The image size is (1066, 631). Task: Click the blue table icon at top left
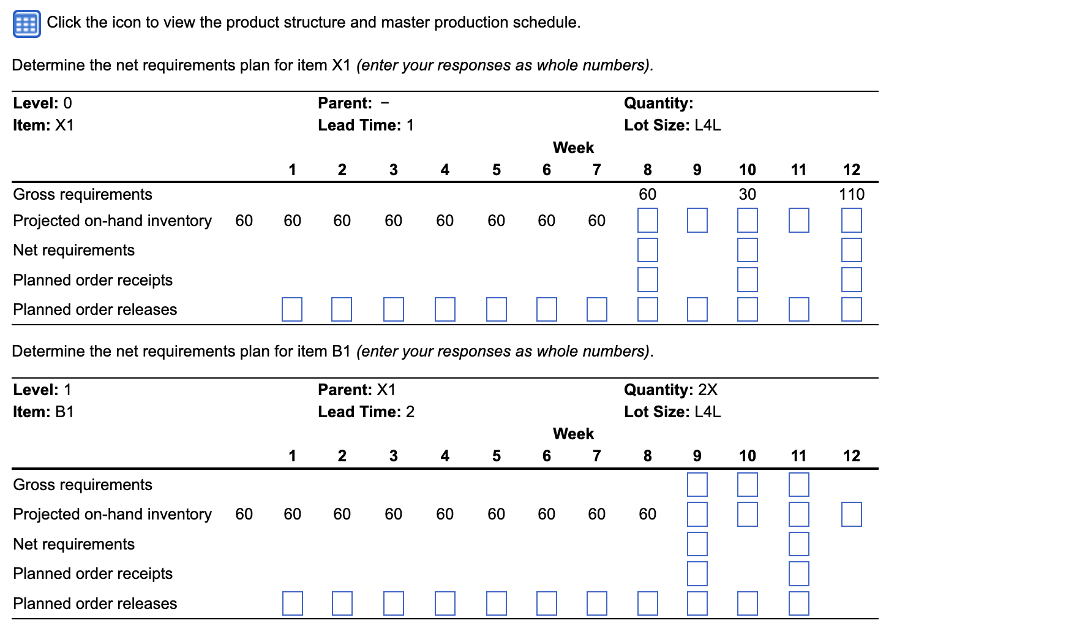pyautogui.click(x=26, y=24)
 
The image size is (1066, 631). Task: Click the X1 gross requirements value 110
pyautogui.click(x=851, y=194)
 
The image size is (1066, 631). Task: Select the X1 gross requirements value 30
pyautogui.click(x=747, y=194)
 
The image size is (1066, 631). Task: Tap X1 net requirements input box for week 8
pyautogui.click(x=647, y=250)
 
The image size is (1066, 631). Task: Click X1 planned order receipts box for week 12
pyautogui.click(x=851, y=280)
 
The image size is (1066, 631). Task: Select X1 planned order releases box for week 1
pyautogui.click(x=292, y=309)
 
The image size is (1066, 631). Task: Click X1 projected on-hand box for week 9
pyautogui.click(x=697, y=221)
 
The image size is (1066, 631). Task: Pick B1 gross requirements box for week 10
pyautogui.click(x=747, y=485)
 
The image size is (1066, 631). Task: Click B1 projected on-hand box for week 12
pyautogui.click(x=851, y=515)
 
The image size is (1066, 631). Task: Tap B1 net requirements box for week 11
pyautogui.click(x=798, y=544)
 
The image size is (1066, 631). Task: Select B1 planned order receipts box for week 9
pyautogui.click(x=697, y=574)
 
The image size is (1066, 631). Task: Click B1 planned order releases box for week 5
pyautogui.click(x=497, y=603)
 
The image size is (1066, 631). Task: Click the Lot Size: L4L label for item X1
pyautogui.click(x=672, y=125)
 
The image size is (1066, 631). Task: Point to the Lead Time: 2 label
pyautogui.click(x=366, y=412)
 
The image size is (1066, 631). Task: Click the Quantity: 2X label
pyautogui.click(x=670, y=390)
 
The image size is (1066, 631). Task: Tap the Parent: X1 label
pyautogui.click(x=356, y=390)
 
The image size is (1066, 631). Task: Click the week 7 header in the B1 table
pyautogui.click(x=596, y=456)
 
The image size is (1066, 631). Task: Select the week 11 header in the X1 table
pyautogui.click(x=798, y=170)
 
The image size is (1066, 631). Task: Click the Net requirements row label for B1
pyautogui.click(x=73, y=544)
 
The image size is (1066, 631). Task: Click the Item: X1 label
pyautogui.click(x=43, y=125)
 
